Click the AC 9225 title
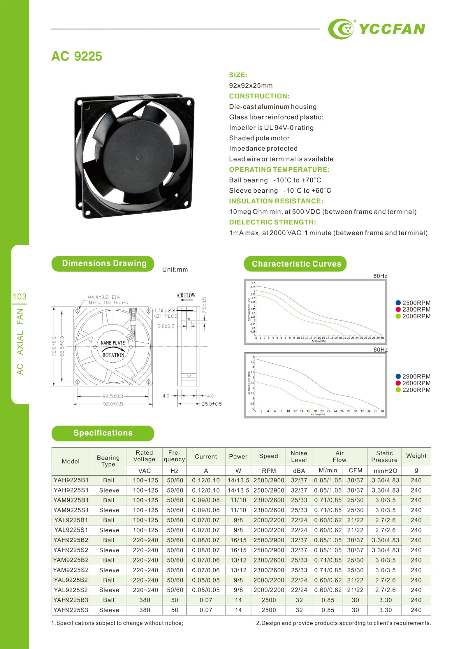[77, 56]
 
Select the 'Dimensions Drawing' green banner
[103, 264]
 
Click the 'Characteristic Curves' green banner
[295, 264]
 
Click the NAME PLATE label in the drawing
[113, 343]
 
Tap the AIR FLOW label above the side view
[186, 295]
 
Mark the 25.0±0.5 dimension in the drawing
[212, 404]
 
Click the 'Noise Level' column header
[299, 456]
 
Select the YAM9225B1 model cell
[71, 500]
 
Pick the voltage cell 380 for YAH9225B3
[145, 600]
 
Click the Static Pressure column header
[384, 456]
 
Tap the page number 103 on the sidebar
[20, 296]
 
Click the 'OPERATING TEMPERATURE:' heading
[279, 169]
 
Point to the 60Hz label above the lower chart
[380, 350]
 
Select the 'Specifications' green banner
[103, 433]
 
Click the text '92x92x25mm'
[251, 86]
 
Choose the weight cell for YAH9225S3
[416, 610]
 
